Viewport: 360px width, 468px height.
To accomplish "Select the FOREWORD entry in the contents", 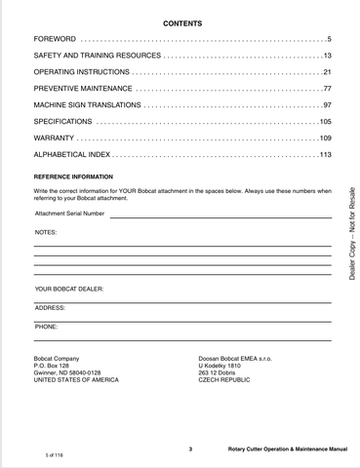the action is click(x=55, y=38).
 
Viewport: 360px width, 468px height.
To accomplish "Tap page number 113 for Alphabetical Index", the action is click(x=326, y=155).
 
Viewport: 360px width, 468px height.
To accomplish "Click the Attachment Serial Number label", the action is click(x=69, y=213).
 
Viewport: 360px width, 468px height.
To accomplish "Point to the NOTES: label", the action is click(x=46, y=233).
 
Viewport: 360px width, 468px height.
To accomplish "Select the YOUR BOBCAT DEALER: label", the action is click(x=69, y=290).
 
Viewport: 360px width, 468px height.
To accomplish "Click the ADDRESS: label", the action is click(x=50, y=307).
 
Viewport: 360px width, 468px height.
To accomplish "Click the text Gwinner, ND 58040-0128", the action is click(x=67, y=372).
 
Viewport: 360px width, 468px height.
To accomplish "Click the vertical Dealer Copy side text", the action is click(x=350, y=233).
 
